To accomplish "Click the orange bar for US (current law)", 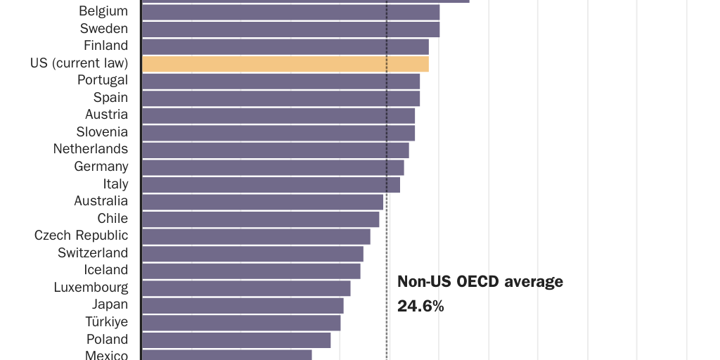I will [285, 64].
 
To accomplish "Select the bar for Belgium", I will [290, 12].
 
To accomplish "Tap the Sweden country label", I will [104, 29].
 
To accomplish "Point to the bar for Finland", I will [285, 46].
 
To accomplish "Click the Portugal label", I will [103, 80].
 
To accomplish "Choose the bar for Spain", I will [281, 98].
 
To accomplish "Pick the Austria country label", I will [106, 115].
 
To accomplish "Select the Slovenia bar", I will [278, 133].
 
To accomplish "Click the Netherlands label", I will [91, 149].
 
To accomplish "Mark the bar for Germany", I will [273, 167].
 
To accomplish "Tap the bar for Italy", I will [271, 184].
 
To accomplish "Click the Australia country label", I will [101, 201].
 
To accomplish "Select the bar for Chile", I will [260, 219].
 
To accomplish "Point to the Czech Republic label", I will [82, 236].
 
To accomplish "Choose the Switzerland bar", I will [252, 253].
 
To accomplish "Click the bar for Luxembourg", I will [246, 288].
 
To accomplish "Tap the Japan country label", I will [110, 304].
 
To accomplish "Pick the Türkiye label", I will [107, 322].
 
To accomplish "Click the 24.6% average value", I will [420, 306].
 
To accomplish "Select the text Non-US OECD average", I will [480, 282].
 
